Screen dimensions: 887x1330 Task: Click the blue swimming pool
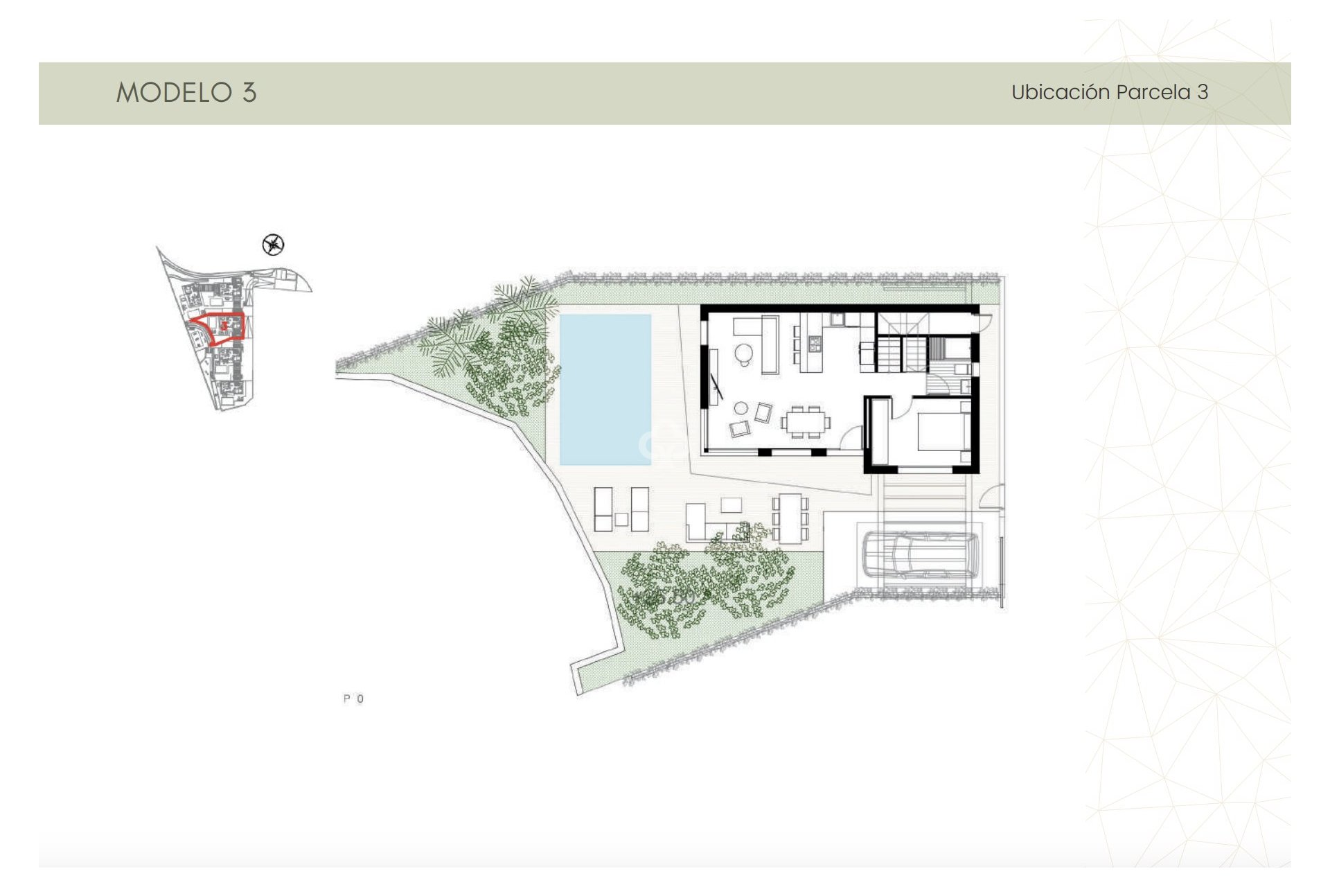605,389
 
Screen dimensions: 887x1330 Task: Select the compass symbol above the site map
274,245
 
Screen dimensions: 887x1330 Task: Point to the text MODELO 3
186,92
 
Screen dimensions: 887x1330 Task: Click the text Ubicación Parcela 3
1109,92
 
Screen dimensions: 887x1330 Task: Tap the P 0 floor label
353,699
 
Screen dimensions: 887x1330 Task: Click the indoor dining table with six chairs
806,421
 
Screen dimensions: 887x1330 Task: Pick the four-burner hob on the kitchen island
814,342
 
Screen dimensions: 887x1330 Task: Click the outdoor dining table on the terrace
790,518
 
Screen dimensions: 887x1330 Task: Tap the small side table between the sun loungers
621,518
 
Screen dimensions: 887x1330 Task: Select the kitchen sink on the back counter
837,319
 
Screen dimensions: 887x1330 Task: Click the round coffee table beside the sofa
743,353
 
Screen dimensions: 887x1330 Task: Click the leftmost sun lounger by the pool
603,509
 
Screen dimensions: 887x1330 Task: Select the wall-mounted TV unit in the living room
713,378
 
